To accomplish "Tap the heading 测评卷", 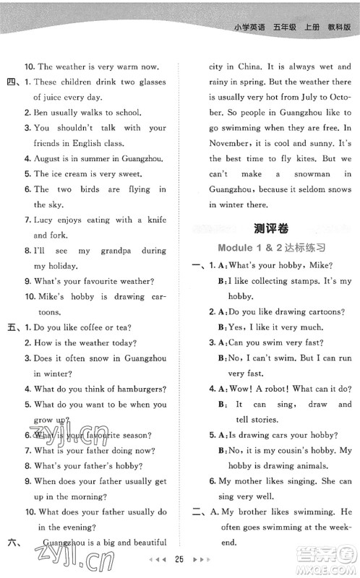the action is click(271, 229).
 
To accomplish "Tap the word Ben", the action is click(41, 113).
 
